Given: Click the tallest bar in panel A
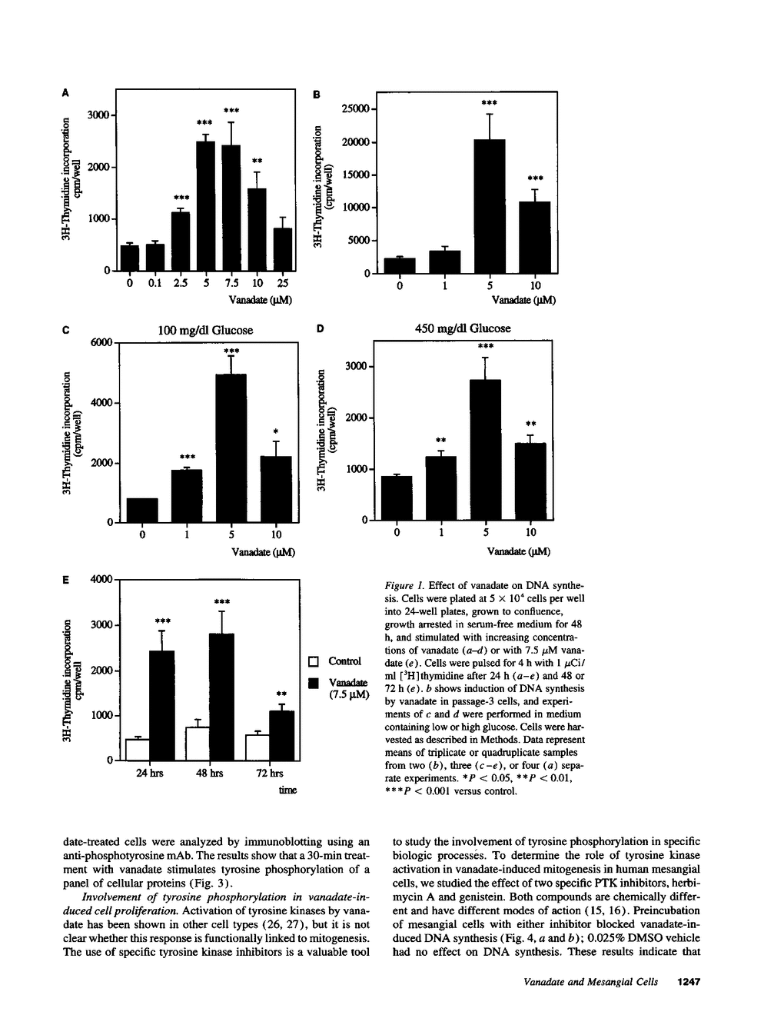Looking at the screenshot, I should pyautogui.click(x=205, y=206).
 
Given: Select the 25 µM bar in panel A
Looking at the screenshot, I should pyautogui.click(x=283, y=249).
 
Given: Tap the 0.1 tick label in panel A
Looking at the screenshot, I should pyautogui.click(x=154, y=283).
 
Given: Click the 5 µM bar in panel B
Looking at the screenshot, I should pyautogui.click(x=489, y=206).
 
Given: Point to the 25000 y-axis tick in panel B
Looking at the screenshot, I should pyautogui.click(x=355, y=109).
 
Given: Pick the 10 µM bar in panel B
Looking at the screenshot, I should pyautogui.click(x=535, y=237).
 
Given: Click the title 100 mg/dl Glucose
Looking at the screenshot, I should pyautogui.click(x=205, y=330).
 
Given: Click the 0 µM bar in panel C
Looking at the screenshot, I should pyautogui.click(x=142, y=511).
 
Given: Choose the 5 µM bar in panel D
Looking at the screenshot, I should pyautogui.click(x=485, y=450).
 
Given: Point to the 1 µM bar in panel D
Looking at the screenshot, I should pyautogui.click(x=440, y=488).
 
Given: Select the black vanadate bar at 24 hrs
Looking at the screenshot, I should pyautogui.click(x=161, y=705).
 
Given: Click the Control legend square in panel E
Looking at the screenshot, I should pyautogui.click(x=313, y=661).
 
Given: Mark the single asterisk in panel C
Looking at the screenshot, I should pyautogui.click(x=275, y=431).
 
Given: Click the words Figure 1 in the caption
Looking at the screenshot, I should pyautogui.click(x=404, y=585).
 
